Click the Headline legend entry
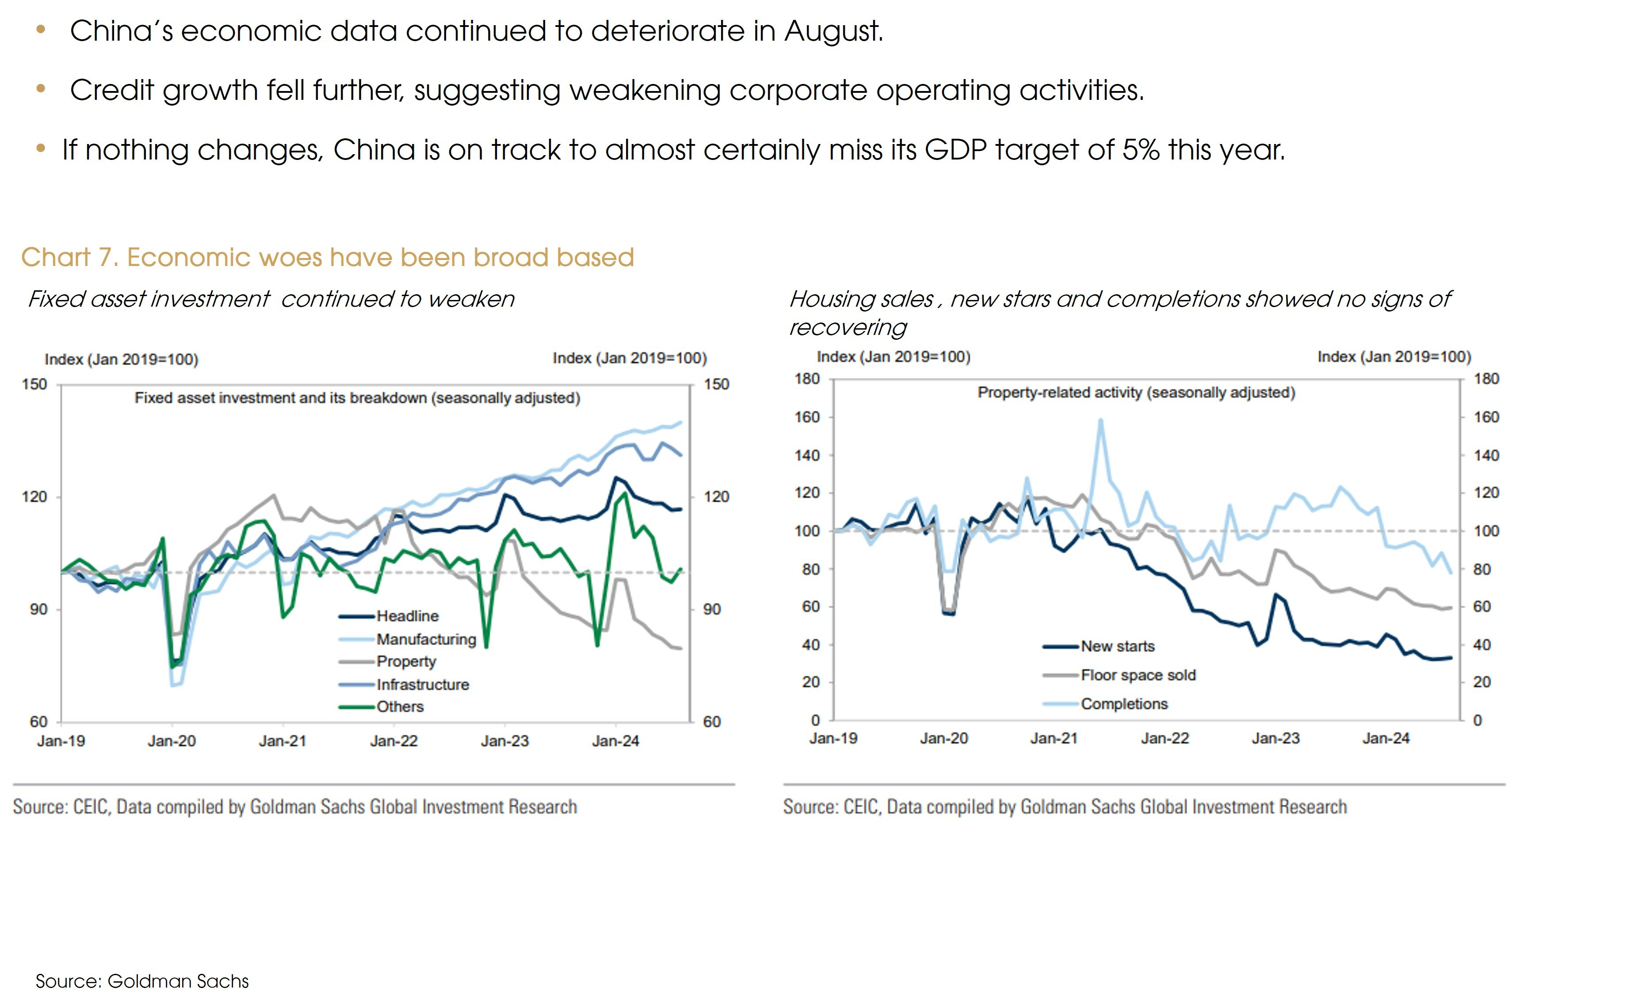coord(407,616)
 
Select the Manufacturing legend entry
coord(425,639)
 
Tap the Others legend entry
coord(400,707)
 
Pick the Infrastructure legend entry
coord(422,684)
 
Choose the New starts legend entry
coord(1117,646)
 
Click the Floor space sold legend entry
coord(1138,675)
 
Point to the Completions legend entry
coord(1124,704)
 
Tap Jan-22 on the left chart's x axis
coord(393,741)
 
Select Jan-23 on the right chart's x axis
coord(1275,738)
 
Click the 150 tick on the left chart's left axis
coord(34,384)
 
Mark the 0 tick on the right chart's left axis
coord(815,720)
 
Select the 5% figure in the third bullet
coord(1140,150)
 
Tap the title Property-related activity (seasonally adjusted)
coord(1136,393)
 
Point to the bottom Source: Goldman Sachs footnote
coord(142,981)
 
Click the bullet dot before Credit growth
coord(41,88)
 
